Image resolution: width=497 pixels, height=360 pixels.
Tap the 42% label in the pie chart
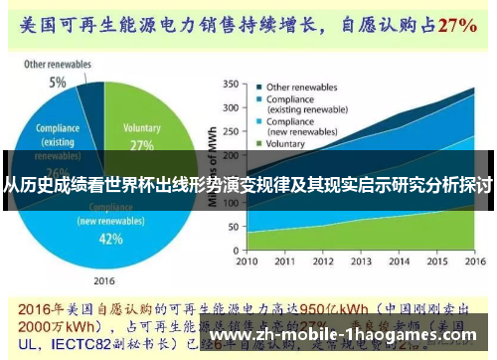pyautogui.click(x=110, y=240)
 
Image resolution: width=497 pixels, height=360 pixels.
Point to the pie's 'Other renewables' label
pyautogui.click(x=58, y=65)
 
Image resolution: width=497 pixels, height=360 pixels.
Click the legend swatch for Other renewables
pyautogui.click(x=257, y=86)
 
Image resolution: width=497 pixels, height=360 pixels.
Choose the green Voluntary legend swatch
pyautogui.click(x=257, y=143)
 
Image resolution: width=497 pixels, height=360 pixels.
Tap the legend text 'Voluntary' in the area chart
pyautogui.click(x=286, y=143)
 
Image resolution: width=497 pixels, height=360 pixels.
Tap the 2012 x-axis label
pyautogui.click(x=314, y=262)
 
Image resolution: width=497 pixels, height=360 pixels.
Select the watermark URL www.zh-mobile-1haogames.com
pyautogui.click(x=350, y=335)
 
